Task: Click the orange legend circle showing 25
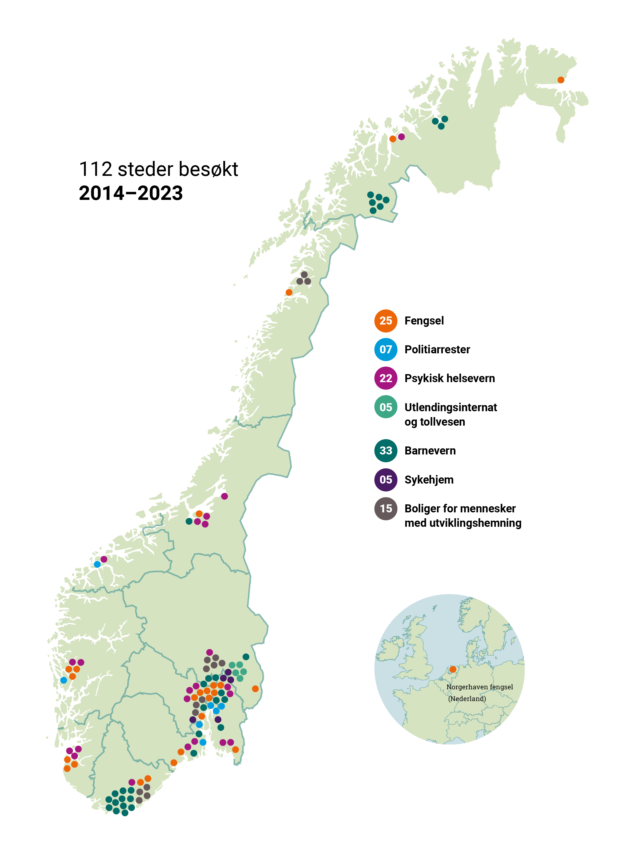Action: pyautogui.click(x=386, y=321)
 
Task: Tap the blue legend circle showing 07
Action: pyautogui.click(x=386, y=349)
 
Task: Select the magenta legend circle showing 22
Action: pyautogui.click(x=386, y=378)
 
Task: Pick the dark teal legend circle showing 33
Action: pyautogui.click(x=386, y=450)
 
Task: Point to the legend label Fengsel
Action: pyautogui.click(x=424, y=321)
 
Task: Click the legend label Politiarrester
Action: pyautogui.click(x=437, y=349)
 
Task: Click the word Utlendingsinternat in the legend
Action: pyautogui.click(x=451, y=407)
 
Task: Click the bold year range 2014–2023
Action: pyautogui.click(x=130, y=193)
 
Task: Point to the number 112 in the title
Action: pyautogui.click(x=95, y=169)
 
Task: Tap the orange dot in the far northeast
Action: pyautogui.click(x=561, y=80)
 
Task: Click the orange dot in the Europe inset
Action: pyautogui.click(x=453, y=670)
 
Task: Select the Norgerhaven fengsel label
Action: pyautogui.click(x=479, y=687)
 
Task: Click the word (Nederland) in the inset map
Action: pyautogui.click(x=467, y=698)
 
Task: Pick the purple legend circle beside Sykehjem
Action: pyautogui.click(x=386, y=480)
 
